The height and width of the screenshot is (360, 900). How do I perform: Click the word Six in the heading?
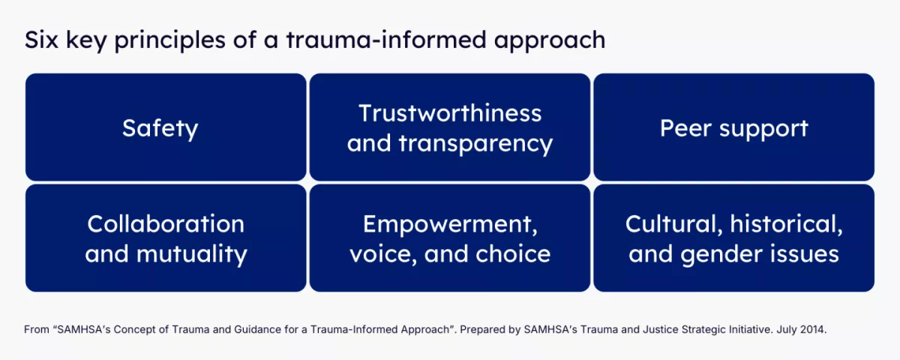pyautogui.click(x=41, y=40)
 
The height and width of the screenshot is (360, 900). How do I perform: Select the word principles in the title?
pyautogui.click(x=170, y=41)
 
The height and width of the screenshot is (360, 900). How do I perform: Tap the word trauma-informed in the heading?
pyautogui.click(x=386, y=40)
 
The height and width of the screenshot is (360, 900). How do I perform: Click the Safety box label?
pyautogui.click(x=160, y=128)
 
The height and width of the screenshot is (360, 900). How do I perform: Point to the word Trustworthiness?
pyautogui.click(x=450, y=113)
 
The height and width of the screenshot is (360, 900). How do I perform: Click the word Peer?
pyautogui.click(x=685, y=128)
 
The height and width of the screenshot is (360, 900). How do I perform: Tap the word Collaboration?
pyautogui.click(x=166, y=223)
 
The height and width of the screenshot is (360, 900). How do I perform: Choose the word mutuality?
pyautogui.click(x=192, y=255)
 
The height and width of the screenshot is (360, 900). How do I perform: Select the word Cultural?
pyautogui.click(x=673, y=224)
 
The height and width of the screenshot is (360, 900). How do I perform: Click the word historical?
pyautogui.click(x=786, y=224)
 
